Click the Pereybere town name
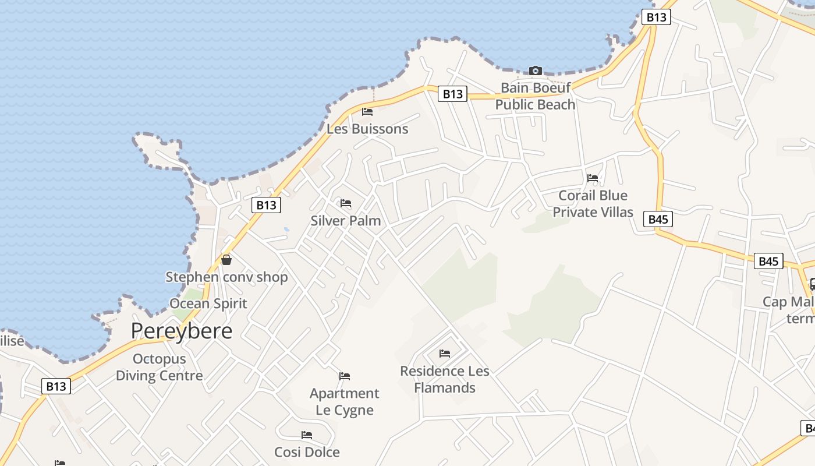pos(181,331)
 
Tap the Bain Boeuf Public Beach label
pos(535,96)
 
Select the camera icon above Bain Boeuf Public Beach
pos(535,71)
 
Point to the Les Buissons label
pos(367,129)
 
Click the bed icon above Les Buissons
pos(367,111)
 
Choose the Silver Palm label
pos(346,221)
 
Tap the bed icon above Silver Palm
pos(346,203)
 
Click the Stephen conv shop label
pos(226,277)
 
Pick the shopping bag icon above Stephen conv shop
pos(226,260)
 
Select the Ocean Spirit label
pos(208,303)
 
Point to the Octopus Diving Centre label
pos(159,367)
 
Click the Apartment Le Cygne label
pos(345,401)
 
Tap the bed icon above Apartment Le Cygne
pos(345,376)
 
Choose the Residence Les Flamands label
pos(445,379)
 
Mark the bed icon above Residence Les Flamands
pos(445,354)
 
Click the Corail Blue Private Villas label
pos(593,203)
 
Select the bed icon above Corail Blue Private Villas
pos(593,178)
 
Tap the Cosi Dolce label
pos(307,452)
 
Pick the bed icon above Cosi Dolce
pos(307,435)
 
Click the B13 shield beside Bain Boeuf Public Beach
pos(452,94)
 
